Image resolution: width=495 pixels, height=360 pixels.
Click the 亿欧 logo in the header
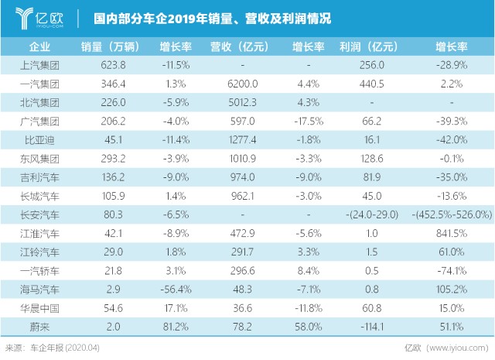tap(39, 19)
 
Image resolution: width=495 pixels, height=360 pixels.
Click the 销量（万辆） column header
tap(110, 46)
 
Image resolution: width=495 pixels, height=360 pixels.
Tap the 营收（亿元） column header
tap(239, 46)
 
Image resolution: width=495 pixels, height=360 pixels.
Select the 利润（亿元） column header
tap(368, 46)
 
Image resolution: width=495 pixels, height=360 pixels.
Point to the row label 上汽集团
tap(39, 66)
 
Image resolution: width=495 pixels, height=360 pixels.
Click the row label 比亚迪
tap(39, 140)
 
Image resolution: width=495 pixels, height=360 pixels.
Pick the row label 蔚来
tap(39, 327)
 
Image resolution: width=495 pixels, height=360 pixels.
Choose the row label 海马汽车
tap(39, 290)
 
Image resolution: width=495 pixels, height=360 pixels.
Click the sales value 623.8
tap(113, 65)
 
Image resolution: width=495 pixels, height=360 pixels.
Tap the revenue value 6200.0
tap(242, 84)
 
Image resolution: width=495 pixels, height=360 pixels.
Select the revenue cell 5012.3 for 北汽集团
tap(242, 102)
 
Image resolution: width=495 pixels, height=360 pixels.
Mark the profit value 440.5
tap(371, 84)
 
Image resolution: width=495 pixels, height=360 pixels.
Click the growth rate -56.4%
tap(176, 290)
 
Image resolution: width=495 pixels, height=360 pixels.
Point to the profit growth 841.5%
tap(452, 233)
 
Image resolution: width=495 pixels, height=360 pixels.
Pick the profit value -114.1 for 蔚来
tap(372, 327)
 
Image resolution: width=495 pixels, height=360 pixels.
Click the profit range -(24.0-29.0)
tap(372, 214)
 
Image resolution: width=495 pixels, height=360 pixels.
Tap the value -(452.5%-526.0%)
tap(452, 214)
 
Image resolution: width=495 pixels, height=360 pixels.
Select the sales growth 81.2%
tap(176, 327)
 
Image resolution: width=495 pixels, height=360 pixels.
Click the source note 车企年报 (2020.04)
tap(65, 348)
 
